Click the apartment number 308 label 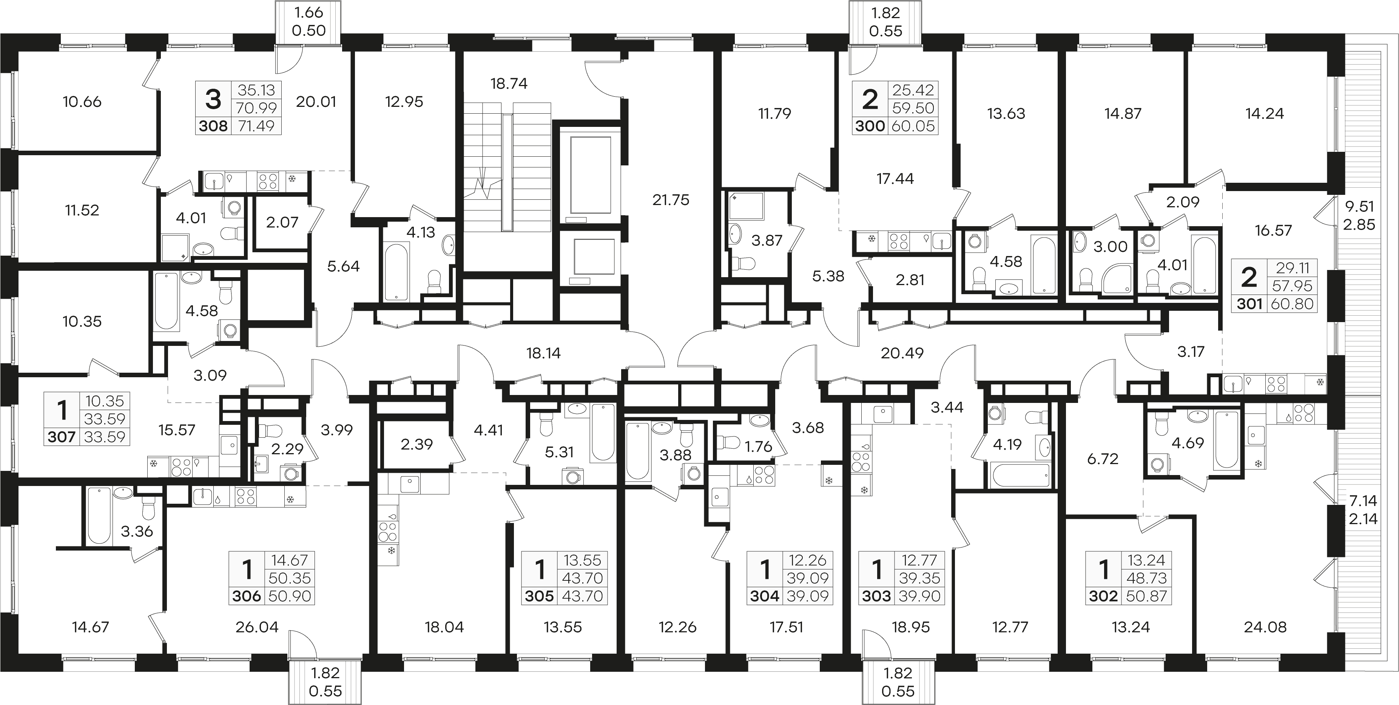(213, 126)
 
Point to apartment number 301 (1249, 304)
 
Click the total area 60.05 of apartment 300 (913, 126)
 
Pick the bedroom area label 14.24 (1264, 114)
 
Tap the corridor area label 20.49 (902, 353)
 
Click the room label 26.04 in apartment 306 (257, 627)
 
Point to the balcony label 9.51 (1359, 207)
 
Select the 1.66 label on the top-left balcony (308, 12)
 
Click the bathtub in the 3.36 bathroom (99, 515)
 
